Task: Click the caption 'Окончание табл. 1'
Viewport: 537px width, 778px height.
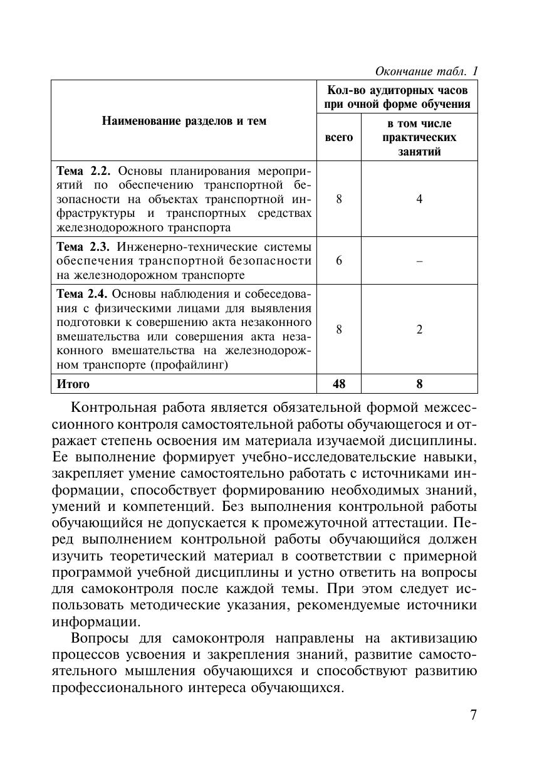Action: click(x=426, y=71)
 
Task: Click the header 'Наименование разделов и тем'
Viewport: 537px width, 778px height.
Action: click(x=184, y=121)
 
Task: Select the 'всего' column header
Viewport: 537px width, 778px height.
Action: click(x=339, y=137)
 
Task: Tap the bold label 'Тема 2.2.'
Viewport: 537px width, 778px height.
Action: click(x=83, y=171)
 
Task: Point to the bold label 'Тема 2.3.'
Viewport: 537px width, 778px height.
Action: click(x=83, y=246)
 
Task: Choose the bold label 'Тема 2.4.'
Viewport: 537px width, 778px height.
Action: click(x=83, y=293)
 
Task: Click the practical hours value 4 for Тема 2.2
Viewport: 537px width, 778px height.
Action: click(x=419, y=199)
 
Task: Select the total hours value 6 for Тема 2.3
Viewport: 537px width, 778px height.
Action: click(x=339, y=260)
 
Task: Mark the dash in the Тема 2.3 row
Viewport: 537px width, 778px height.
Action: click(x=419, y=260)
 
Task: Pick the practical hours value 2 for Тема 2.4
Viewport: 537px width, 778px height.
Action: click(x=419, y=329)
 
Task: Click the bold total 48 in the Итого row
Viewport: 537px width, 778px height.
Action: click(x=339, y=384)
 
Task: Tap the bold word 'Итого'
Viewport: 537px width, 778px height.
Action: click(x=73, y=384)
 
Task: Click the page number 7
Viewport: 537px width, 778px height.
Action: click(x=473, y=715)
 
